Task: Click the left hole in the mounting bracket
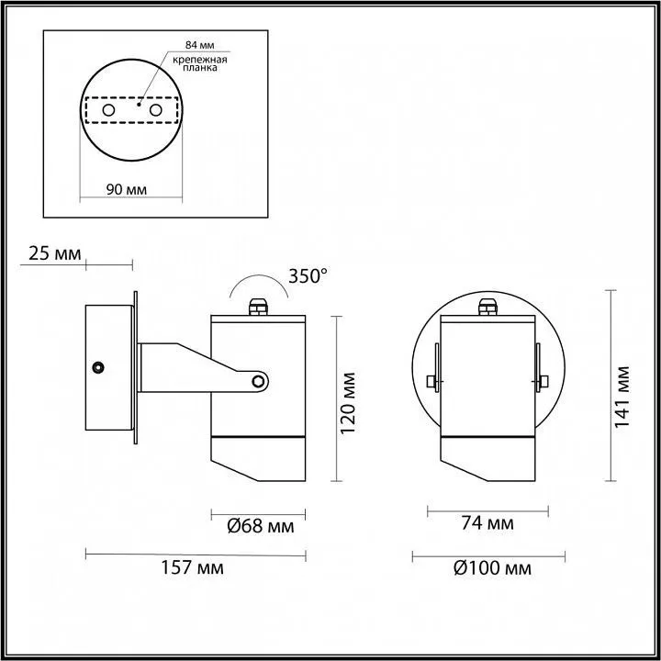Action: [x=109, y=110]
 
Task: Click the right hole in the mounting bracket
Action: [x=156, y=110]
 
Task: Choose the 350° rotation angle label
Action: [x=308, y=274]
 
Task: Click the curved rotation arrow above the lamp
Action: [x=260, y=283]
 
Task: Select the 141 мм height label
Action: [x=623, y=388]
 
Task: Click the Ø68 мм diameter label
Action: [x=260, y=526]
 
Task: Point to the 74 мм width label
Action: [x=487, y=524]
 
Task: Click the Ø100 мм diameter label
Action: [x=492, y=568]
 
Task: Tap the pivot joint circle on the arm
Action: [x=260, y=380]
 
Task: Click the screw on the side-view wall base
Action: [x=96, y=367]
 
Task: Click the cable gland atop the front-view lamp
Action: [x=487, y=306]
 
